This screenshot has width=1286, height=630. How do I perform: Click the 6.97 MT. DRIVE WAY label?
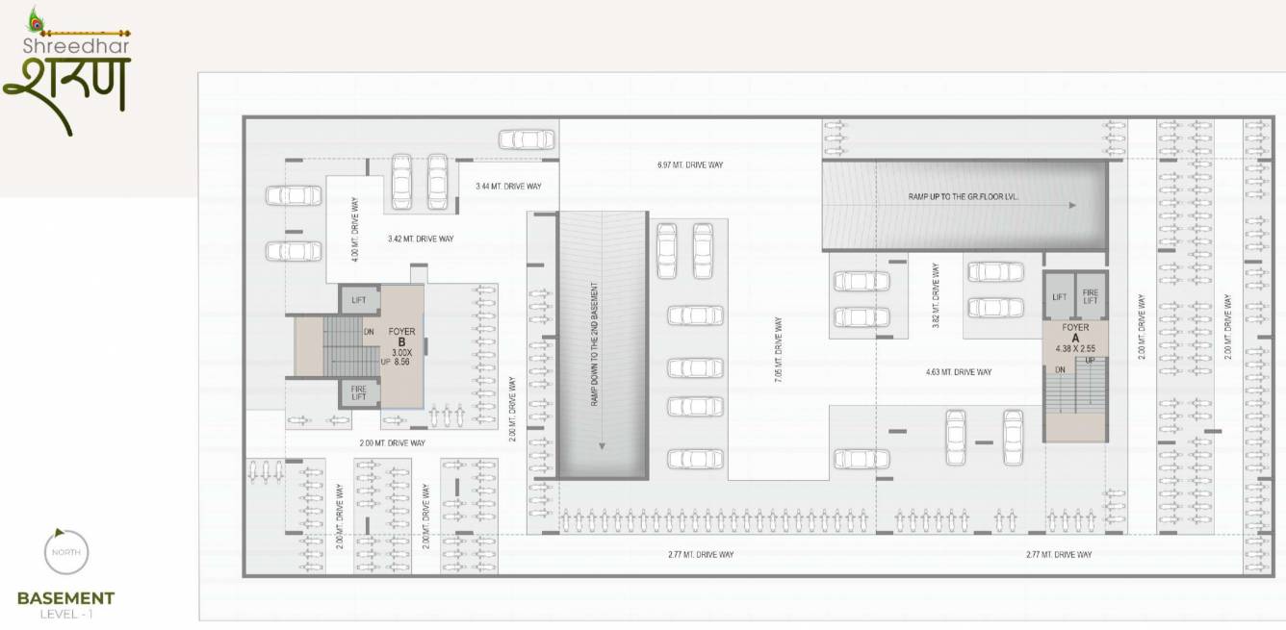[689, 165]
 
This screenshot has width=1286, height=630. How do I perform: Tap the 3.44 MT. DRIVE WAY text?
[507, 185]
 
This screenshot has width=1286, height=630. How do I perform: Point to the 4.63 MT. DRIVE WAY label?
[958, 372]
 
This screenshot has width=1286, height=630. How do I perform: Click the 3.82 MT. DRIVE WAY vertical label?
[936, 298]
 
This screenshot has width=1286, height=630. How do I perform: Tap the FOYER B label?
[401, 337]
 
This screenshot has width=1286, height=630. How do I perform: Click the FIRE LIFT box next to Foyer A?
[1091, 297]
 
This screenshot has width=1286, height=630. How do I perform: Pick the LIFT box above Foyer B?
[358, 300]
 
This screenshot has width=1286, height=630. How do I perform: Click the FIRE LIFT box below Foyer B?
[358, 392]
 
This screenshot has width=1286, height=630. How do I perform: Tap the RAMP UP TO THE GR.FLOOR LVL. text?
[963, 195]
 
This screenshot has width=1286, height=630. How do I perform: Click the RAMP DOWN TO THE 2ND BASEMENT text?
[596, 343]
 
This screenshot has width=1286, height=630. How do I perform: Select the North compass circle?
[66, 553]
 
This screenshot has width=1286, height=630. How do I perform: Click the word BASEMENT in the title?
[65, 598]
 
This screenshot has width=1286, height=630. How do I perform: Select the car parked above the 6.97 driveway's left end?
[526, 139]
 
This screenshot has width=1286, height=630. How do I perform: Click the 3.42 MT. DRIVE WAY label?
[421, 239]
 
